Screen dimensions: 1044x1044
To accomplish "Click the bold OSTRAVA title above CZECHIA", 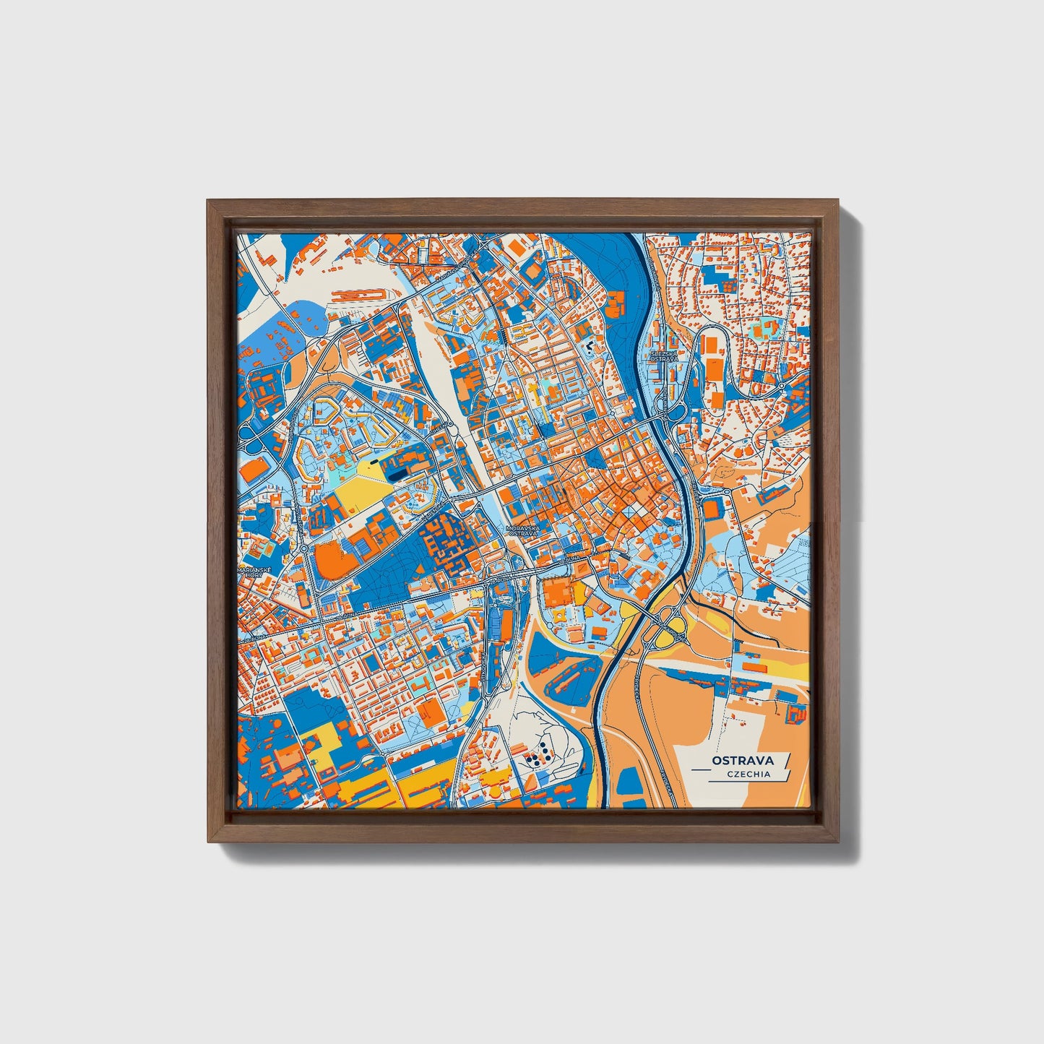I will click(x=742, y=760).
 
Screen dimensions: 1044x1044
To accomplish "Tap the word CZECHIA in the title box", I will click(x=749, y=775).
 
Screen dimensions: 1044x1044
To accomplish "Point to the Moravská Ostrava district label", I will click(x=523, y=531).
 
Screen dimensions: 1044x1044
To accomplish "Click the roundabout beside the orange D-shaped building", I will click(x=304, y=548).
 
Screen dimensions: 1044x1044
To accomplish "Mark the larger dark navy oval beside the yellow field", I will click(x=398, y=474).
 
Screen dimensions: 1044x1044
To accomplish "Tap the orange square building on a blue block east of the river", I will click(x=712, y=509).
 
